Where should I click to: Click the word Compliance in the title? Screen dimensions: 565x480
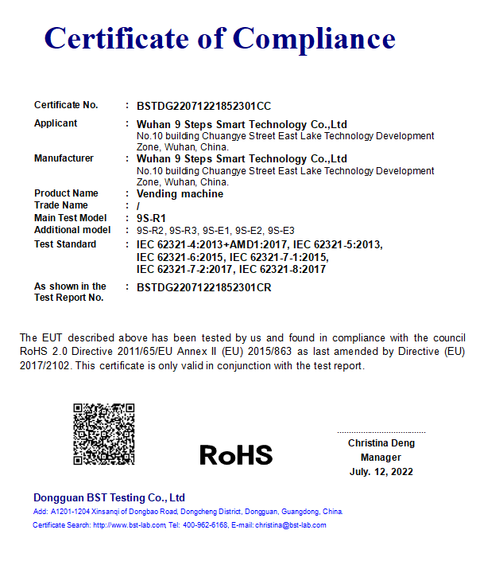point(314,38)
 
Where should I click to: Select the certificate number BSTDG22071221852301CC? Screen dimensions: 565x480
point(204,105)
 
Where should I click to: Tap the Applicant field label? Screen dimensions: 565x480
point(56,123)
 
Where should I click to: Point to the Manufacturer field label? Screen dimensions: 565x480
point(64,158)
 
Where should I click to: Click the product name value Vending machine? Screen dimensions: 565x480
point(180,193)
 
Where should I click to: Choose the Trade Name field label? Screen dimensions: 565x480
point(61,205)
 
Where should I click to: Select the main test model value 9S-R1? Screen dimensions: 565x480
point(151,217)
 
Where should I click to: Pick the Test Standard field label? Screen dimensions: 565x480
point(65,244)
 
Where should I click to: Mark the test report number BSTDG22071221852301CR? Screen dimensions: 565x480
point(204,287)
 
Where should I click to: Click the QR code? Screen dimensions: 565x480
point(104,434)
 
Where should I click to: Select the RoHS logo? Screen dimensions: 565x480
point(236,454)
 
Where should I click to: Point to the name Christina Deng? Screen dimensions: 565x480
point(381,443)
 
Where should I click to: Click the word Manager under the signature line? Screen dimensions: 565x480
point(381,458)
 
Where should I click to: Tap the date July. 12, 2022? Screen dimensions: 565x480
point(381,472)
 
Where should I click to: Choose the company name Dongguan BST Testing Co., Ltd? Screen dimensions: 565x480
point(109,497)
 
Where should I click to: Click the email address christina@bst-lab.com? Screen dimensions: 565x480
point(290,525)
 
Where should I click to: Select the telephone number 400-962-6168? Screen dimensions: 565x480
point(205,525)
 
